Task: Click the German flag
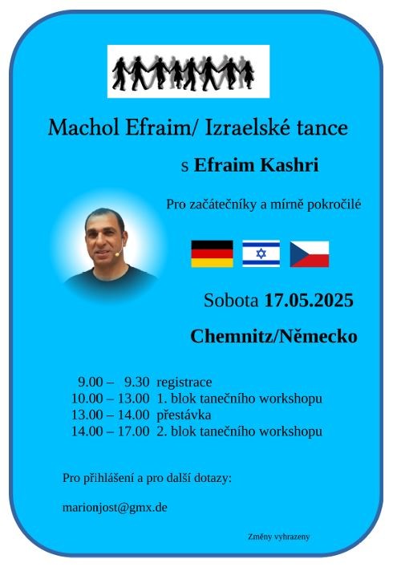[x=212, y=253]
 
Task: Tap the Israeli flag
[x=261, y=253]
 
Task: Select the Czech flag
[x=309, y=253]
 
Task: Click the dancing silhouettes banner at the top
[x=188, y=71]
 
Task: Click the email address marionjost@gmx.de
[x=114, y=508]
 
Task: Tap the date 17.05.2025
[x=309, y=302]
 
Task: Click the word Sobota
[x=232, y=302]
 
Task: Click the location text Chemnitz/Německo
[x=273, y=336]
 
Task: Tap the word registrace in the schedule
[x=184, y=382]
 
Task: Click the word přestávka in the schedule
[x=184, y=415]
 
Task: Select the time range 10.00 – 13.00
[x=110, y=399]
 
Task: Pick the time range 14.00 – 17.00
[x=110, y=431]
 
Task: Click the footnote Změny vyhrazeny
[x=278, y=537]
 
